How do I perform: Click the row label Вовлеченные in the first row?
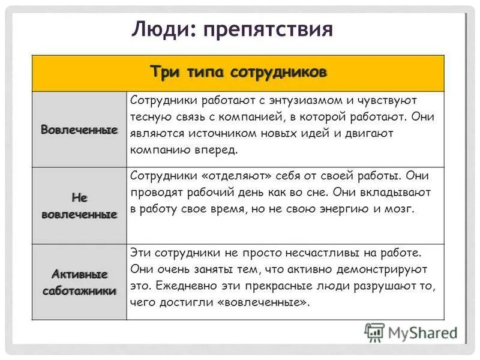[x=79, y=130]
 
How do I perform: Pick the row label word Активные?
[x=79, y=275]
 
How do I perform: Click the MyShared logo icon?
[x=374, y=332]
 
